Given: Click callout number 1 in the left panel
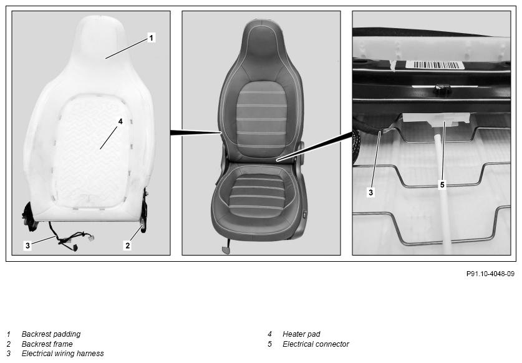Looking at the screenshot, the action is [x=151, y=37].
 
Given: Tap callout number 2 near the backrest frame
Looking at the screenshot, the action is [x=127, y=246].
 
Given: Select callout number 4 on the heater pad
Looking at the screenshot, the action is [x=120, y=121].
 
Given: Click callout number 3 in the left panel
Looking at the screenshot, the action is [x=27, y=246].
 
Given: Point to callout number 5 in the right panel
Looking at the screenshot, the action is [x=442, y=184].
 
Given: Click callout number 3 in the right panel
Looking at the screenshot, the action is [x=371, y=192].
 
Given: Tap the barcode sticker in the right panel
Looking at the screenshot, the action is [x=435, y=65].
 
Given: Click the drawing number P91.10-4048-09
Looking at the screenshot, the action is [x=490, y=274].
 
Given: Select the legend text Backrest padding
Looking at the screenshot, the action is [x=51, y=334].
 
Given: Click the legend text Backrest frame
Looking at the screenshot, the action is [x=47, y=344].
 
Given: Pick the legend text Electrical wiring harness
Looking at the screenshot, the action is [x=62, y=354].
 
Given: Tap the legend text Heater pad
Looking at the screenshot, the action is [x=301, y=334].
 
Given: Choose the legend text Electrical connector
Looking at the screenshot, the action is [x=316, y=344].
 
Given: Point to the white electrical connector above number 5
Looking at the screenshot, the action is [x=436, y=119].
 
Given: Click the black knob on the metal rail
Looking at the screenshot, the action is [x=442, y=89].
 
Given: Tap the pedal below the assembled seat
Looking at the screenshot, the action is [x=226, y=250].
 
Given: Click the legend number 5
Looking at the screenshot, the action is [x=269, y=344].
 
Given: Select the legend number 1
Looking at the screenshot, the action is [x=8, y=334].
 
